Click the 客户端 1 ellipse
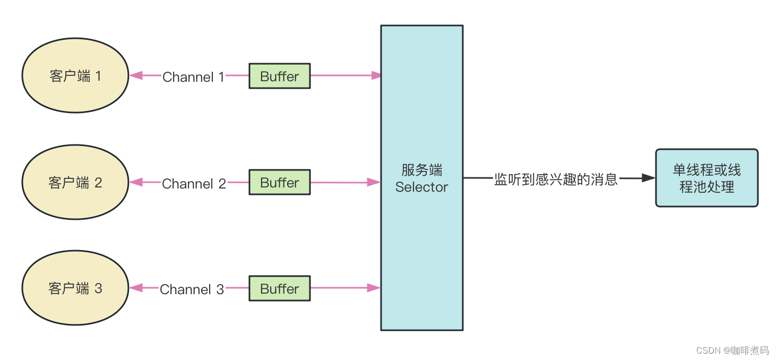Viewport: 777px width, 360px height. (75, 75)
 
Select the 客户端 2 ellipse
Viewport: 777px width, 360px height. (75, 182)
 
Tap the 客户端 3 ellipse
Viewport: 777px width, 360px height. (75, 288)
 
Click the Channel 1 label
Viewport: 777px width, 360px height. (193, 77)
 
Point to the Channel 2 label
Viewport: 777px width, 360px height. (194, 184)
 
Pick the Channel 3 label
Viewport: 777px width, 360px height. (192, 289)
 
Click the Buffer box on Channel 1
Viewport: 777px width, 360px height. (280, 76)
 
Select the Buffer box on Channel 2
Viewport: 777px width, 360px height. (280, 182)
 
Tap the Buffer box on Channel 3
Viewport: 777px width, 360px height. (280, 288)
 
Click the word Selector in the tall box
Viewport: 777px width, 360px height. (421, 187)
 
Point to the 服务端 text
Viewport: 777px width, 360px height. (421, 170)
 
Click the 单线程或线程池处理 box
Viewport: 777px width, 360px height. (706, 178)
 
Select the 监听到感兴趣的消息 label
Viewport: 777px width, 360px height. (556, 179)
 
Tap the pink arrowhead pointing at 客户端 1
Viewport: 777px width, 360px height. (136, 75)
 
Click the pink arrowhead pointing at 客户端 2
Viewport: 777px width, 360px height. (136, 182)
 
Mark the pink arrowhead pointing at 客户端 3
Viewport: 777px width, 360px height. (136, 288)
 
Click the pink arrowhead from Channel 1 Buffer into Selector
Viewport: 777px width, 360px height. (375, 75)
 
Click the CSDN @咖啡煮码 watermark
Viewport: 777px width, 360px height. (732, 350)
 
